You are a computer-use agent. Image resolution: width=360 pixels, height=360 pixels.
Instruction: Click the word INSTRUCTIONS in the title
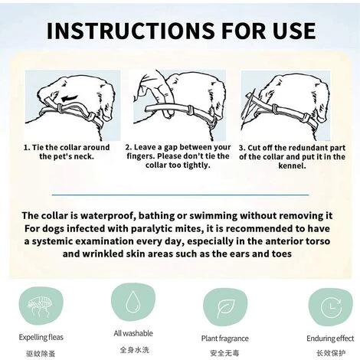coord(131,31)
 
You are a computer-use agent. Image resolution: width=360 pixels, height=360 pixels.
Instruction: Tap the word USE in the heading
coord(293,31)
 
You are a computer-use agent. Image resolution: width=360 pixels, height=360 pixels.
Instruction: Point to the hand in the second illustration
coord(153,92)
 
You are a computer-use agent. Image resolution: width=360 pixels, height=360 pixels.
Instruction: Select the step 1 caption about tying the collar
coord(67,152)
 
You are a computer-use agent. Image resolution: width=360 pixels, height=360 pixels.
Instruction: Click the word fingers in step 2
coord(140,156)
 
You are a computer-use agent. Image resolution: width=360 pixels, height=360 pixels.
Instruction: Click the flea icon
coord(41,305)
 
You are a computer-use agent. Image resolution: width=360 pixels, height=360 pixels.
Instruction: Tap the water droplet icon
coord(133,302)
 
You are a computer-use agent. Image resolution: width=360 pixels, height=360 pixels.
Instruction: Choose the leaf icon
coord(225,307)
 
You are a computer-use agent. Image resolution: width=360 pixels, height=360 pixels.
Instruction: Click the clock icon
coord(331,307)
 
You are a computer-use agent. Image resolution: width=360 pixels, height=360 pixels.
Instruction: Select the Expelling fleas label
coord(41,337)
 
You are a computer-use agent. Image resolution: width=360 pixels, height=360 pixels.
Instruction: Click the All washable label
coord(133,333)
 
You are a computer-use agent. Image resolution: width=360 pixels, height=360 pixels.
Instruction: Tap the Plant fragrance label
coord(224,339)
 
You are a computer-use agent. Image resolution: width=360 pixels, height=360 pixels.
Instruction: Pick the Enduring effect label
coord(330,339)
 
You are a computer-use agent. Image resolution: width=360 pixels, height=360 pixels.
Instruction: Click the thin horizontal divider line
coord(180,195)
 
